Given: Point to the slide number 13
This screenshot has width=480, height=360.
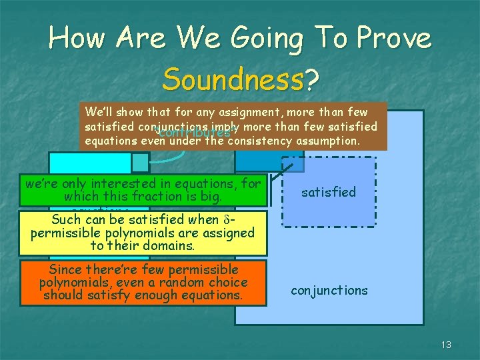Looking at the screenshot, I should [x=446, y=345].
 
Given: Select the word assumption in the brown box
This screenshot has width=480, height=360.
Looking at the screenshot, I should [x=327, y=140].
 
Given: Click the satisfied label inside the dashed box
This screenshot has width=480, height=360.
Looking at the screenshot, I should [x=328, y=192].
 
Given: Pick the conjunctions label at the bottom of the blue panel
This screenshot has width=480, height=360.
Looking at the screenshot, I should [x=329, y=290].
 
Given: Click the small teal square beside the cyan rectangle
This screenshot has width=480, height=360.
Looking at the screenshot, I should [x=140, y=163].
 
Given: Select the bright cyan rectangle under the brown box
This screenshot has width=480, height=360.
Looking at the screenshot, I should [x=89, y=163].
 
